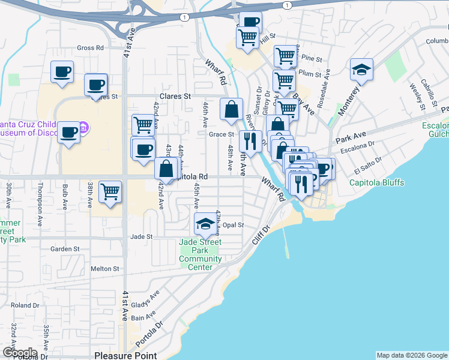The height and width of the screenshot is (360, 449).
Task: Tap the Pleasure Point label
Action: pyautogui.click(x=125, y=355)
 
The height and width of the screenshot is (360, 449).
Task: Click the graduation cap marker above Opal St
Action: pyautogui.click(x=205, y=224)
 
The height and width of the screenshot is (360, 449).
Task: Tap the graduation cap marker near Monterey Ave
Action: pyautogui.click(x=361, y=70)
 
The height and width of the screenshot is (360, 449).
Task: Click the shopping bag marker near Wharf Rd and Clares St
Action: pyautogui.click(x=231, y=109)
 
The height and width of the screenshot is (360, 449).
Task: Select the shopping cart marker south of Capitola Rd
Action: pyautogui.click(x=110, y=193)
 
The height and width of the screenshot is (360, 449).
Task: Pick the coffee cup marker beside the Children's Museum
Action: pyautogui.click(x=69, y=131)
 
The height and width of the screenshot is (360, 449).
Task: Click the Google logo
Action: pyautogui.click(x=20, y=353)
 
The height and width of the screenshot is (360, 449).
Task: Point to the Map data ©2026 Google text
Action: pyautogui.click(x=411, y=355)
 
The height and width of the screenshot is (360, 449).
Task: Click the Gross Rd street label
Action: pyautogui.click(x=90, y=48)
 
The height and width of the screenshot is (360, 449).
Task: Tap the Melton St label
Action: pyautogui.click(x=106, y=269)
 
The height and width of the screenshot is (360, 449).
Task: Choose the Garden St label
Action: pyautogui.click(x=65, y=248)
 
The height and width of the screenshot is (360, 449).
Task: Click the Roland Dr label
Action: pyautogui.click(x=25, y=305)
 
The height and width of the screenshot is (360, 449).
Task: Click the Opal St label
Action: pyautogui.click(x=233, y=225)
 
